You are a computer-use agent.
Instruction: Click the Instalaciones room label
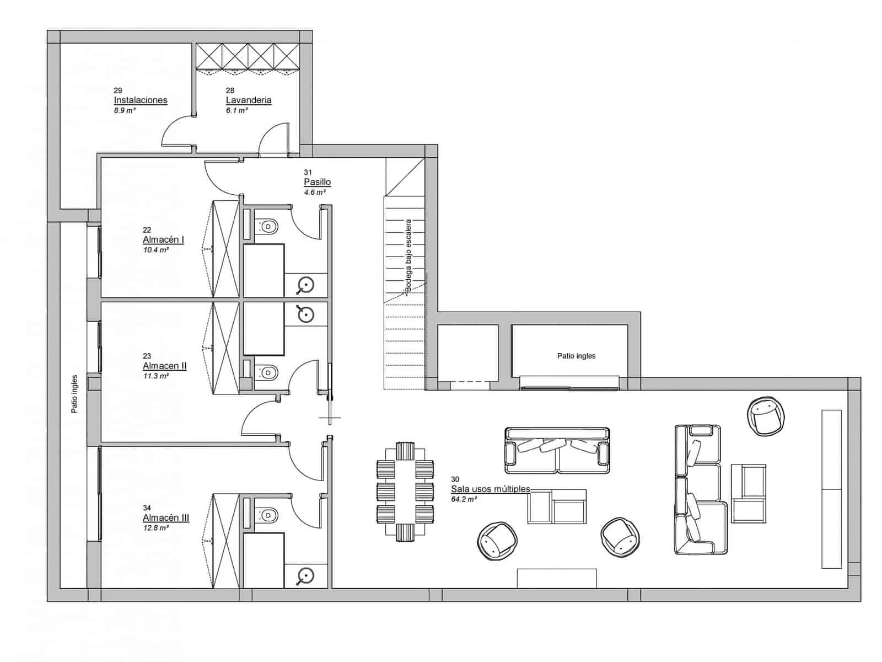pos(141,100)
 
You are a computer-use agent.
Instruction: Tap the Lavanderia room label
pos(249,100)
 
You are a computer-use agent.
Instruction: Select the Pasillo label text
pos(317,182)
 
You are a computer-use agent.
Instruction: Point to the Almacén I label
pos(163,240)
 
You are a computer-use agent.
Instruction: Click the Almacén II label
pos(164,366)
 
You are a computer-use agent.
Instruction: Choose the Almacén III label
pos(166,518)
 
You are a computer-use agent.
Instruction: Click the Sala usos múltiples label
pos(491,489)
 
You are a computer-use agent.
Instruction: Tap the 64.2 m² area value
pos(464,499)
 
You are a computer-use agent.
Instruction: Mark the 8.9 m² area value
pos(125,110)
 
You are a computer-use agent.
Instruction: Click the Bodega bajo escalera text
pos(408,255)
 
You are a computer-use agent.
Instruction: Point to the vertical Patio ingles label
pos(74,394)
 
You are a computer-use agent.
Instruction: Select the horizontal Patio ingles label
pos(576,356)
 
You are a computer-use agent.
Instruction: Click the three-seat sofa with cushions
pos(557,450)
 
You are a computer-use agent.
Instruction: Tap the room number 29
pos(118,90)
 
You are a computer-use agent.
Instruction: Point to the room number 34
pos(147,508)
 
